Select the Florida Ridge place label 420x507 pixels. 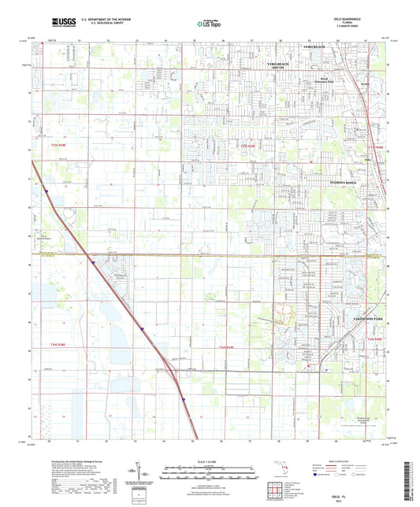tap(342, 182)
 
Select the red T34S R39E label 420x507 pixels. tap(226, 346)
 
